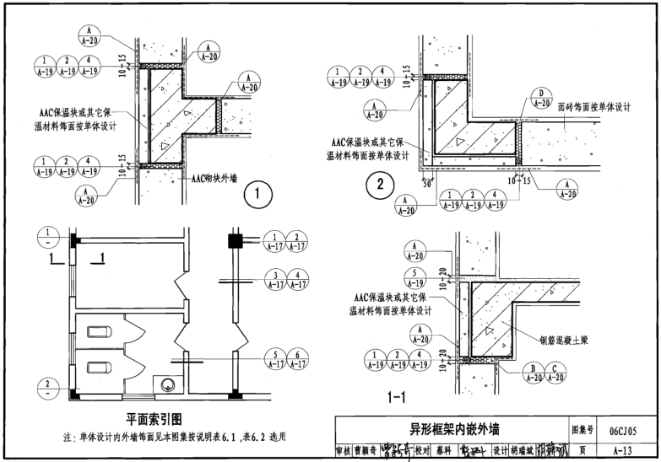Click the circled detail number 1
pos(258,196)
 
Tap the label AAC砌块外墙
pos(214,179)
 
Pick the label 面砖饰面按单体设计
pos(595,107)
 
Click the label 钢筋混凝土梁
pos(566,341)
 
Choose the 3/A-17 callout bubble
pos(274,280)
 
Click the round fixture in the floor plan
pos(167,383)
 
